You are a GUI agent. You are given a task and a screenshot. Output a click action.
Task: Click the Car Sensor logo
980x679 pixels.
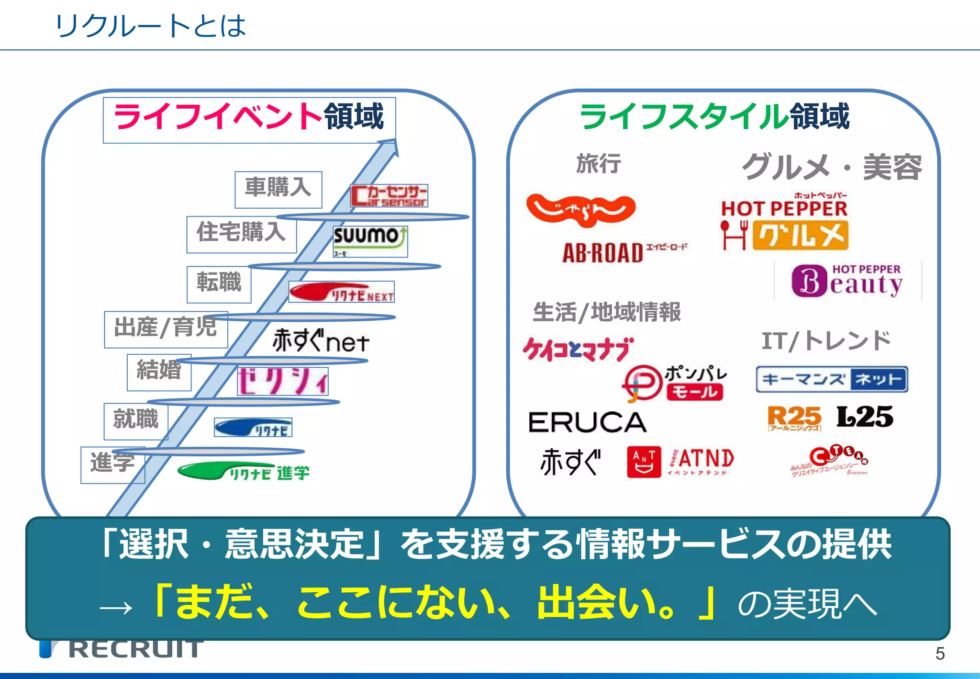click(389, 196)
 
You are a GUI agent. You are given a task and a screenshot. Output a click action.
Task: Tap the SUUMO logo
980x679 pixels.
click(370, 241)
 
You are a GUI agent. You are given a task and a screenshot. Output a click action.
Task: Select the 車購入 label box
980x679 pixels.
click(278, 189)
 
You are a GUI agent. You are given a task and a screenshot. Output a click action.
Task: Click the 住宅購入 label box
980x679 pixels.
click(241, 234)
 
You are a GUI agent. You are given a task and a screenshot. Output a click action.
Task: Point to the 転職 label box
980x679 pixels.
click(219, 284)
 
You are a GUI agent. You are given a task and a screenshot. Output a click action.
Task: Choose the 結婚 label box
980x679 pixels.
click(159, 372)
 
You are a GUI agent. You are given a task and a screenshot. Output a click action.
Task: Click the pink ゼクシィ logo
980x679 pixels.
click(282, 381)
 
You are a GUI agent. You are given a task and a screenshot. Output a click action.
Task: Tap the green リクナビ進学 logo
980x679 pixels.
click(244, 472)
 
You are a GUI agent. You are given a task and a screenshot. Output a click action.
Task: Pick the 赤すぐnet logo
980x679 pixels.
click(321, 340)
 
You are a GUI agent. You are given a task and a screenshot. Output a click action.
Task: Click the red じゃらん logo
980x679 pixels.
click(580, 209)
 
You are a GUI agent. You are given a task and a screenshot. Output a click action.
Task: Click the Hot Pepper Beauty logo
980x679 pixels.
click(847, 281)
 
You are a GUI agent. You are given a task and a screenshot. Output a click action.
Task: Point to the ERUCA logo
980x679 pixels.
click(587, 422)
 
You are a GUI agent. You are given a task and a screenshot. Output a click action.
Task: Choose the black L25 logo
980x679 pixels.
click(865, 417)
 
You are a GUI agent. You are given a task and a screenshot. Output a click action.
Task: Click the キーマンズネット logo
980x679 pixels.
click(832, 379)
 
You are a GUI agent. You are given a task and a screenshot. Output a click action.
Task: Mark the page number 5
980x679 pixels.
click(940, 654)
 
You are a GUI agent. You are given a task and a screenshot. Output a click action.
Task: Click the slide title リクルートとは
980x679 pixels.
click(150, 26)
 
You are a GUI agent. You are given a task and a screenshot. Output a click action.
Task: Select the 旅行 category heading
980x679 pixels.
click(598, 164)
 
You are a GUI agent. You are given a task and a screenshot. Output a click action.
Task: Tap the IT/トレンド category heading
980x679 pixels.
click(826, 341)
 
